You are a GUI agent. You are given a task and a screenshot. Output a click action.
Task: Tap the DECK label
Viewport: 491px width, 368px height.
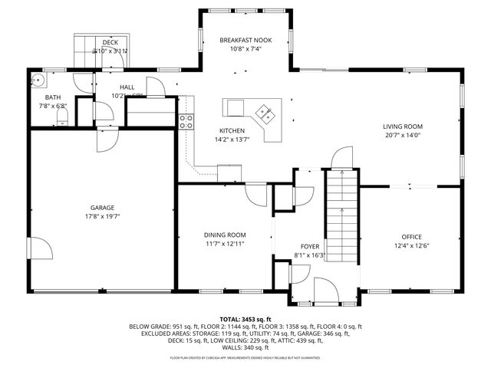(110, 42)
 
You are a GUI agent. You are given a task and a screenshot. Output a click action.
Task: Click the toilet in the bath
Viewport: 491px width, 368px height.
(64, 116)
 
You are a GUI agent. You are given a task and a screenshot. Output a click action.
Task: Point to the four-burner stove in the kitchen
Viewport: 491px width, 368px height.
(185, 119)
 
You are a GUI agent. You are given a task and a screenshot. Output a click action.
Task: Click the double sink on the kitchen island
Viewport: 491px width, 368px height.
(267, 113)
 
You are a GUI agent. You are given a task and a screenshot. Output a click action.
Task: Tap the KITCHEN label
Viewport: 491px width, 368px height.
(232, 130)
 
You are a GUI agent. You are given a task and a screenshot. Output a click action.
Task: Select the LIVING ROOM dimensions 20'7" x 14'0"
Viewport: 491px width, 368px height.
(403, 136)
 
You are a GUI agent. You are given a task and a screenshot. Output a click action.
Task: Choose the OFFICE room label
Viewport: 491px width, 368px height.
(412, 236)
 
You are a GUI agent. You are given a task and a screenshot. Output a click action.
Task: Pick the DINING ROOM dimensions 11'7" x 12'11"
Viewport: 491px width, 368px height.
(225, 244)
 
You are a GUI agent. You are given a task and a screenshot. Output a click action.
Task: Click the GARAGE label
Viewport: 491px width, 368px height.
(102, 207)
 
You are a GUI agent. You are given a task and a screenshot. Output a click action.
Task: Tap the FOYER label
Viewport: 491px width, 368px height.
(309, 246)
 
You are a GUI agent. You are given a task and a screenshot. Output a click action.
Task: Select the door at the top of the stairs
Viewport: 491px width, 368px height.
(340, 158)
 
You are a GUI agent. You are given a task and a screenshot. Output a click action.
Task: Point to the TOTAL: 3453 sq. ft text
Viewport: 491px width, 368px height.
(245, 318)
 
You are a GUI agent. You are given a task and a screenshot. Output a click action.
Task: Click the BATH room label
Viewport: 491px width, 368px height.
(52, 97)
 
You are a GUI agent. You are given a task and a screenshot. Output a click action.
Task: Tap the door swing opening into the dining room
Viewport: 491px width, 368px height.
(256, 195)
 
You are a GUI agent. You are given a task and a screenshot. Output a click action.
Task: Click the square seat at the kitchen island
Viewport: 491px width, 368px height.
(233, 105)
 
